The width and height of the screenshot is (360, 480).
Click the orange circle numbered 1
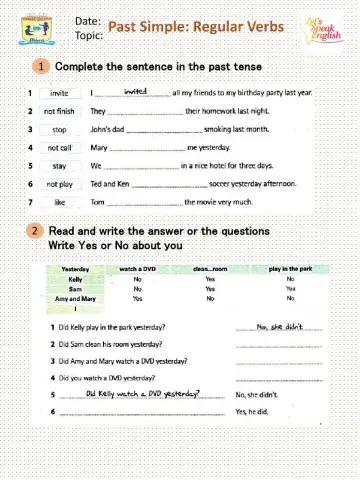[x=41, y=67]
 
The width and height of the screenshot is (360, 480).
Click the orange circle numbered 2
[x=35, y=231]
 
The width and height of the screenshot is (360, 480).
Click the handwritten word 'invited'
[x=135, y=90]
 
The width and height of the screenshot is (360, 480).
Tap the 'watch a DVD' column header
[x=137, y=269]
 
